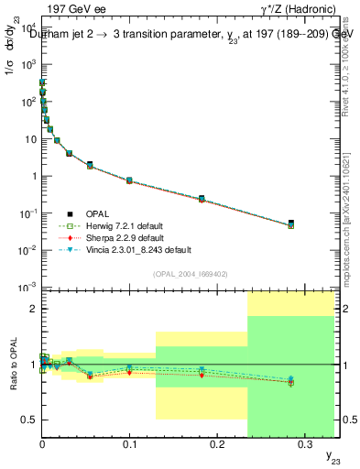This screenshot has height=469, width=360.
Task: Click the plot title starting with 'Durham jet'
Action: (x=180, y=35)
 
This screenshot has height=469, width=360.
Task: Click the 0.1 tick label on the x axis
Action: (x=129, y=443)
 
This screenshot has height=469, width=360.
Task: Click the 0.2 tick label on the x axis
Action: (x=217, y=443)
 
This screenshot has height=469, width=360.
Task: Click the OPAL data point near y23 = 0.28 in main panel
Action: (x=290, y=224)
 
